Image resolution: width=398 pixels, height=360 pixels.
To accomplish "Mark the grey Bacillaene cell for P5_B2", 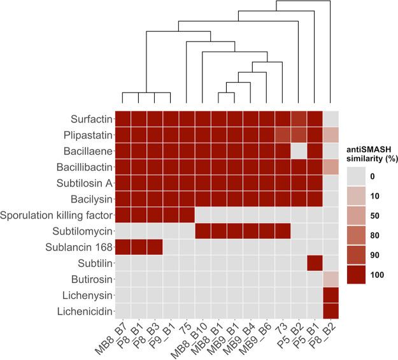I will pos(299,150).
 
